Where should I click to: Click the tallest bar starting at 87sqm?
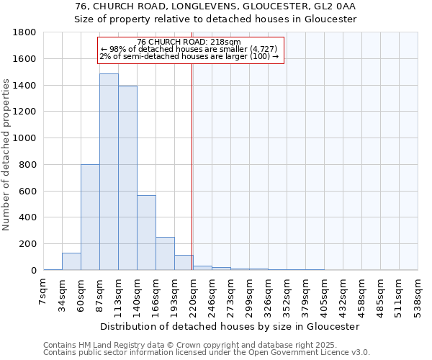click(x=109, y=172)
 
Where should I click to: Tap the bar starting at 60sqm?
click(x=90, y=217)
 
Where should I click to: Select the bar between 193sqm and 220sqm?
click(x=184, y=263)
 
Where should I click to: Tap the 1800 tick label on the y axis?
click(x=25, y=32)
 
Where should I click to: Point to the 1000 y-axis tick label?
click(x=25, y=138)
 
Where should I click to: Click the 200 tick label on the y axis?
click(x=28, y=244)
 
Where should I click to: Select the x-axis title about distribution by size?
click(x=230, y=326)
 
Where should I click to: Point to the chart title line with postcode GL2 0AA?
click(x=216, y=6)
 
